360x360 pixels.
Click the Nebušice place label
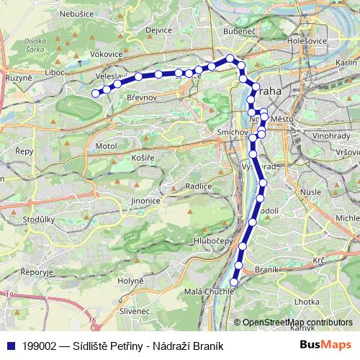click(x=77, y=14)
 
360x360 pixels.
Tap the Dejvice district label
click(x=158, y=31)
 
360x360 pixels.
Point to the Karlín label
click(x=346, y=63)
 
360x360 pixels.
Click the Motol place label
click(x=105, y=146)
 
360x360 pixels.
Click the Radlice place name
click(x=197, y=186)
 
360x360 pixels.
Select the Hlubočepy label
click(x=207, y=240)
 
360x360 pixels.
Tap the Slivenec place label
click(x=135, y=310)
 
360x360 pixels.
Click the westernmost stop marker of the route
click(x=95, y=92)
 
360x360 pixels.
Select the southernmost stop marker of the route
click(x=234, y=283)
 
